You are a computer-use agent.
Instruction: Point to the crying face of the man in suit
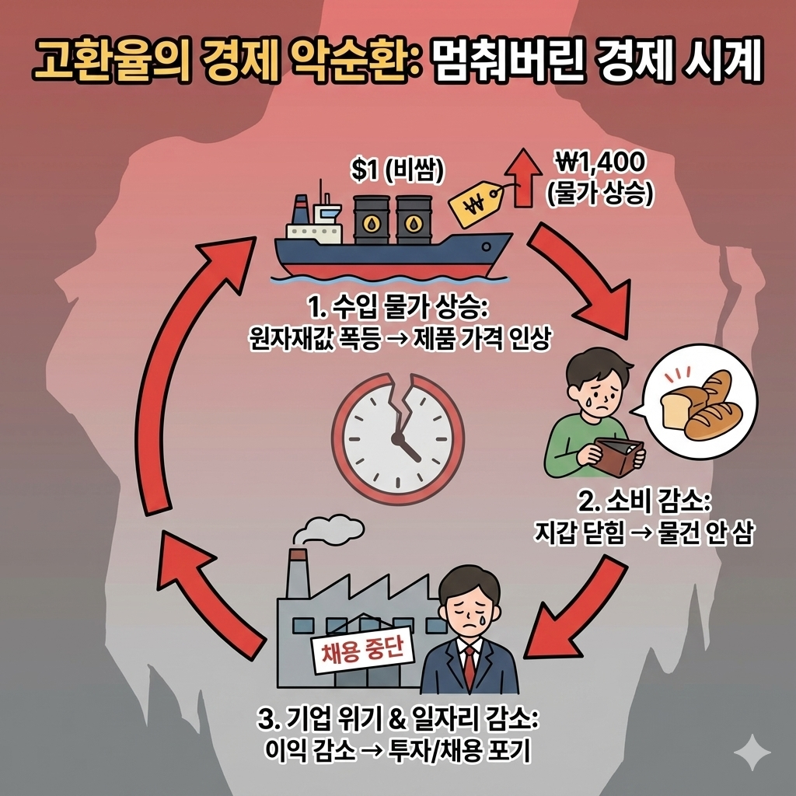(465, 606)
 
